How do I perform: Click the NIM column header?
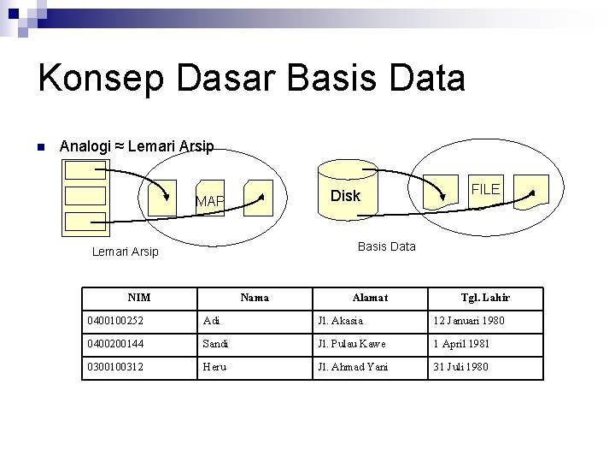[x=138, y=298]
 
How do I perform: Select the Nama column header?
[x=255, y=298]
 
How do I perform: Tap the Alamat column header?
[x=370, y=298]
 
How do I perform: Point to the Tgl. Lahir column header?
[x=485, y=298]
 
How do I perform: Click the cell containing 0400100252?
[x=115, y=321]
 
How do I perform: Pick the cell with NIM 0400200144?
[x=115, y=344]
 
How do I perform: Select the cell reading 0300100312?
[x=115, y=367]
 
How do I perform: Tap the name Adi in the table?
[x=211, y=321]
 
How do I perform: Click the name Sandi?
[x=215, y=344]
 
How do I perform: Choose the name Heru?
[x=214, y=367]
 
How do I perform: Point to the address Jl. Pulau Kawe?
[x=351, y=344]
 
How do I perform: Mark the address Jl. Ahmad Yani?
[x=353, y=367]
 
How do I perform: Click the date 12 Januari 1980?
[x=468, y=321]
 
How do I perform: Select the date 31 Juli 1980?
[x=460, y=367]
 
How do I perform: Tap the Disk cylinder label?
[x=345, y=196]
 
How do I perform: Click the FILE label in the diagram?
[x=485, y=189]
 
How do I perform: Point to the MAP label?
[x=209, y=202]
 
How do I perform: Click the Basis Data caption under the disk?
[x=386, y=246]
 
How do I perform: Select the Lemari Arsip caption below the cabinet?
[x=125, y=252]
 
